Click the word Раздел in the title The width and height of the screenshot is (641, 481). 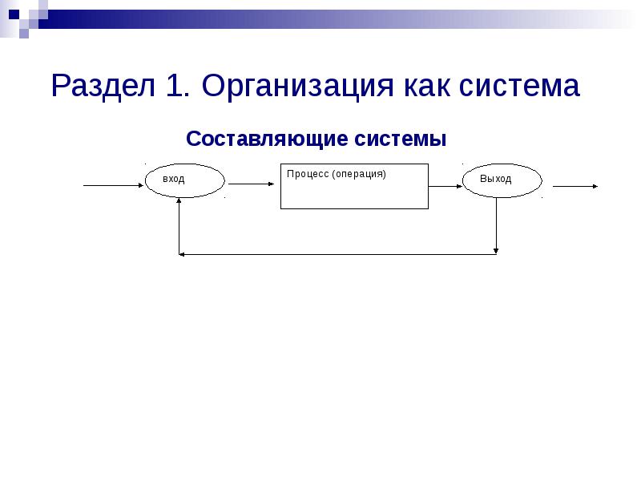click(x=104, y=85)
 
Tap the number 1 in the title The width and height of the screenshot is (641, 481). click(x=176, y=85)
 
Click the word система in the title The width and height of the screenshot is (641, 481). click(x=520, y=85)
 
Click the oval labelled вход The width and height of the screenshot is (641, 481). click(x=184, y=180)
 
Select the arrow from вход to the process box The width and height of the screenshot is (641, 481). click(x=251, y=184)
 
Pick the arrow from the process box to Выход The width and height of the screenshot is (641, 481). click(x=445, y=186)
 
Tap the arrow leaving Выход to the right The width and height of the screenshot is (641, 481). click(x=574, y=187)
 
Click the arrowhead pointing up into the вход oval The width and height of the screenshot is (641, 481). click(x=180, y=203)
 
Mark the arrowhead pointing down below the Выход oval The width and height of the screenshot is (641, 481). click(x=497, y=249)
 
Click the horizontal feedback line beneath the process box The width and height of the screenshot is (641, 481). click(x=337, y=254)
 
